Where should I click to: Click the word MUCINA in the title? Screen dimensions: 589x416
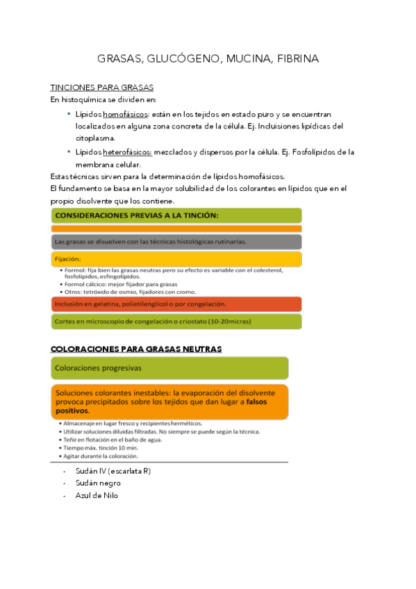247,59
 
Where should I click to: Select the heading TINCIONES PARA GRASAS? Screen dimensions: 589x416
102,88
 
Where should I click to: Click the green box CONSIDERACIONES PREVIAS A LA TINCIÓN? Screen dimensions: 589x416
176,215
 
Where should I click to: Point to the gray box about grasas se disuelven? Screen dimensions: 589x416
176,242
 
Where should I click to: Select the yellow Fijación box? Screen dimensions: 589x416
176,259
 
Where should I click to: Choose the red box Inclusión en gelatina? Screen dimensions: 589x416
176,304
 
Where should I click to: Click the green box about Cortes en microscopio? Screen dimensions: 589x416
176,321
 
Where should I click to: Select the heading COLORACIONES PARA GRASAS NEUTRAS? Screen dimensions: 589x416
136,349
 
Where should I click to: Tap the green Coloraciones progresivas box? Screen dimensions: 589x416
169,367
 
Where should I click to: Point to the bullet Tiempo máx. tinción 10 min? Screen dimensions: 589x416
103,448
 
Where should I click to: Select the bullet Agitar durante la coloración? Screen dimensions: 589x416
103,456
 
